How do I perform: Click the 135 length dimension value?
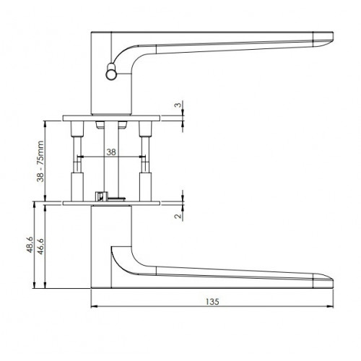pos(212,301)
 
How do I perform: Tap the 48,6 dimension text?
pos(30,245)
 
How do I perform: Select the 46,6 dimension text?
pos(40,246)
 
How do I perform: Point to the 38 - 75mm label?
pos(40,161)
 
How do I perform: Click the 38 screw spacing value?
pos(111,152)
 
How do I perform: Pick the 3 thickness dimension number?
pos(178,105)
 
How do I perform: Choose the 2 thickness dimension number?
pos(178,216)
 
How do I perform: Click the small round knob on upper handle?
pos(111,71)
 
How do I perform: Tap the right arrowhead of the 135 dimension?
pos(330,307)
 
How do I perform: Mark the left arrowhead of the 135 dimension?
pos(95,307)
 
